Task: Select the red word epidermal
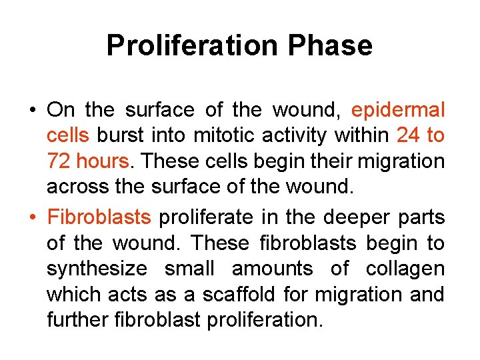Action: (397, 110)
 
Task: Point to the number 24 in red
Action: (409, 135)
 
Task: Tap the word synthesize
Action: (96, 269)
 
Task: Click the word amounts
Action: (272, 269)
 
